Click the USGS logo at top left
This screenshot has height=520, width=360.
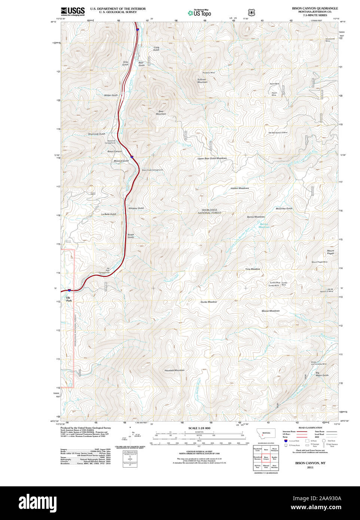click(x=73, y=11)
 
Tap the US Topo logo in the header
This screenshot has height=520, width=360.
click(x=199, y=13)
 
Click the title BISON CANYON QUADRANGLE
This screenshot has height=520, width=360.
click(x=315, y=8)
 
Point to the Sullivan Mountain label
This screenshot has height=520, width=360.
click(x=202, y=80)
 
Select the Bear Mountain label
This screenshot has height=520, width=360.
click(x=161, y=112)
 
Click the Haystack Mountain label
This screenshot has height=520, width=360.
click(x=174, y=370)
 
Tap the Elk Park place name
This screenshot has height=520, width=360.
click(x=69, y=299)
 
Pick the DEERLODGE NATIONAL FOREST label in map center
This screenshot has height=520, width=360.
click(x=210, y=211)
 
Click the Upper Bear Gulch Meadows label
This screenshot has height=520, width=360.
click(x=212, y=158)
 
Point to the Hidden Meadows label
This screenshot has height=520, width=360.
click(x=240, y=188)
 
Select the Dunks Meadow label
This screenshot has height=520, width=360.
click(x=208, y=302)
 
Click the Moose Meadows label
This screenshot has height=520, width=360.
click(x=270, y=311)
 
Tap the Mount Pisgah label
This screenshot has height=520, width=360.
click(x=330, y=252)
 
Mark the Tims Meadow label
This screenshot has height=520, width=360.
click(x=252, y=269)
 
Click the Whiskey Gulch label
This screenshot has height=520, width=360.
click(x=136, y=208)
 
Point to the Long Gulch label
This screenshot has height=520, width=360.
click(x=156, y=49)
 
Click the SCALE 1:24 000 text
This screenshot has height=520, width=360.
click(x=199, y=428)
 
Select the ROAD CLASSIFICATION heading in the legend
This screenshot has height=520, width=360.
click(x=310, y=428)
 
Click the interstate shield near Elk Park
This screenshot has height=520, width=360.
click(x=69, y=290)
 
